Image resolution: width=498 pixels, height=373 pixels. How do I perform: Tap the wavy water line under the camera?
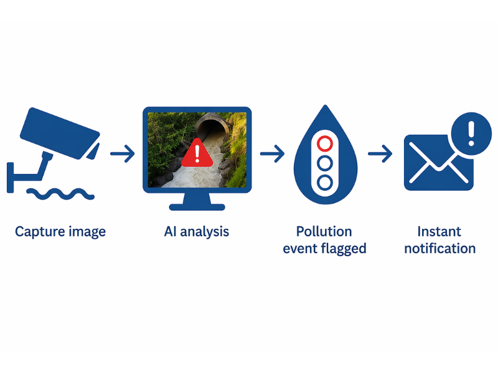[x=60, y=194]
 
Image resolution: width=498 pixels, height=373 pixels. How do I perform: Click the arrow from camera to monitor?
[x=123, y=154]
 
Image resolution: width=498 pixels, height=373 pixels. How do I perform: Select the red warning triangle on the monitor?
[x=197, y=153]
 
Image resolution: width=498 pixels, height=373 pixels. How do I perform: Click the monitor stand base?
[x=197, y=207]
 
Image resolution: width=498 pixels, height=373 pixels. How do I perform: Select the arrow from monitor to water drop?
[x=272, y=154]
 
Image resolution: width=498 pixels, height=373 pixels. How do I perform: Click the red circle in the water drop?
[x=325, y=144]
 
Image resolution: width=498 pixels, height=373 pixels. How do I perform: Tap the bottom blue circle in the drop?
[x=325, y=183]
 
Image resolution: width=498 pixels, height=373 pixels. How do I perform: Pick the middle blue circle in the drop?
[x=325, y=163]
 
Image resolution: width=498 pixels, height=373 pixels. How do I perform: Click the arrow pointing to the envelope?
[x=380, y=154]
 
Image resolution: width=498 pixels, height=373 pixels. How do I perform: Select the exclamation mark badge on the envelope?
[x=471, y=134]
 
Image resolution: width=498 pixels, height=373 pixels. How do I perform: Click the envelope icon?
[x=439, y=163]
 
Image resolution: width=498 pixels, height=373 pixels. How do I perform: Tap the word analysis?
[x=205, y=232]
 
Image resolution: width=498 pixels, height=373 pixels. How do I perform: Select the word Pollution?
[x=324, y=231]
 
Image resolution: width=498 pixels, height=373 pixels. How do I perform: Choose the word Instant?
[x=439, y=231]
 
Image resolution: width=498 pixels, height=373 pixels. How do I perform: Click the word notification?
[x=440, y=248]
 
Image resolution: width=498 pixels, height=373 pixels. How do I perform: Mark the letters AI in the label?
[x=170, y=231]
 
